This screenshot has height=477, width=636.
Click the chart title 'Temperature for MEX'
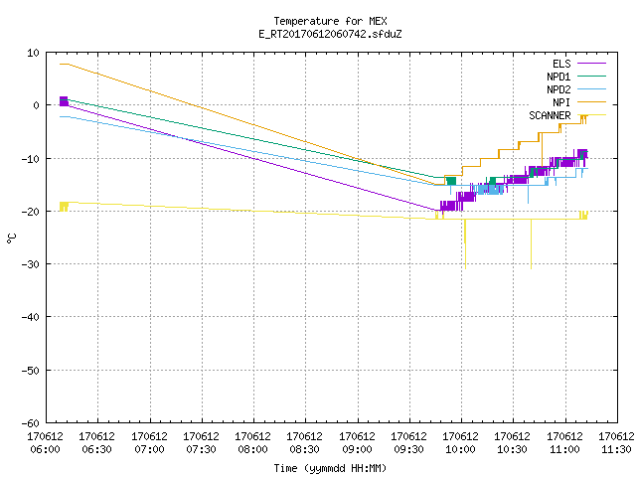point(330,21)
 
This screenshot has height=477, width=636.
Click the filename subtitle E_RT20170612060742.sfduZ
point(330,34)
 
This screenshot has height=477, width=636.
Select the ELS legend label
point(561,64)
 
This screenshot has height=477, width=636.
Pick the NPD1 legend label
point(558,77)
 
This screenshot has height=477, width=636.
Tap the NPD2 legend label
point(558,89)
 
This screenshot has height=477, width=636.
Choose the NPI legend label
point(561,102)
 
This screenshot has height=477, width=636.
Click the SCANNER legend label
point(550,115)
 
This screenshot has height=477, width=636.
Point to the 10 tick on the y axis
point(33,53)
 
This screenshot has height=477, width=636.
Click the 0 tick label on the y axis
point(36,105)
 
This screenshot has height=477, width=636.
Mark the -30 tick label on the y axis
point(31,264)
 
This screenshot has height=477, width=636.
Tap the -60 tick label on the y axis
point(31,423)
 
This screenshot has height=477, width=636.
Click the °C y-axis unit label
point(11,238)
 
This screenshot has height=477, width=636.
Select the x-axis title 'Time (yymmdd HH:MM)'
point(330,468)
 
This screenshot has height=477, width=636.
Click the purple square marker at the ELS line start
point(64,101)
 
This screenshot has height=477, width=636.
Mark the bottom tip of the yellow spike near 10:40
point(531,268)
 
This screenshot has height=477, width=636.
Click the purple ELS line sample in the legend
point(592,64)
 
